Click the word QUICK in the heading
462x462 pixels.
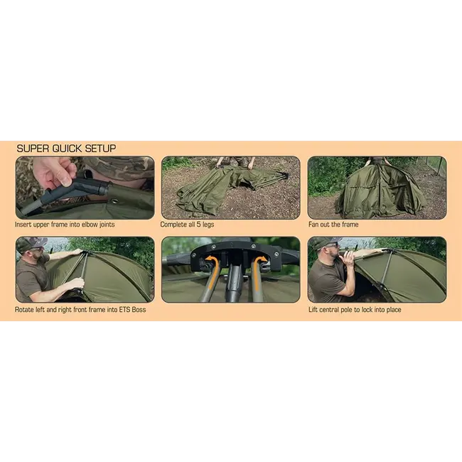68,149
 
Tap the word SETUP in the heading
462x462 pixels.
100,149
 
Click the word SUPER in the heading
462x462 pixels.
33,149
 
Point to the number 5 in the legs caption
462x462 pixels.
199,225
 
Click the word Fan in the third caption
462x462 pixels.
313,225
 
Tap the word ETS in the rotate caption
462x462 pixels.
124,310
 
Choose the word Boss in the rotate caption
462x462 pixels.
139,310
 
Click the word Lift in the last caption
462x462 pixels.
313,310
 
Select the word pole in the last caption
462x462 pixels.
347,310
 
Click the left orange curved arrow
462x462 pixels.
214,274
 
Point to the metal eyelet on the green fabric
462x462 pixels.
114,202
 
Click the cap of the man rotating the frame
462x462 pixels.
32,243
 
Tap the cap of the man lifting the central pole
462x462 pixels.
326,242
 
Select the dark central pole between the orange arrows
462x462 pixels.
235,282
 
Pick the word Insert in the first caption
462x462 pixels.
23,225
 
